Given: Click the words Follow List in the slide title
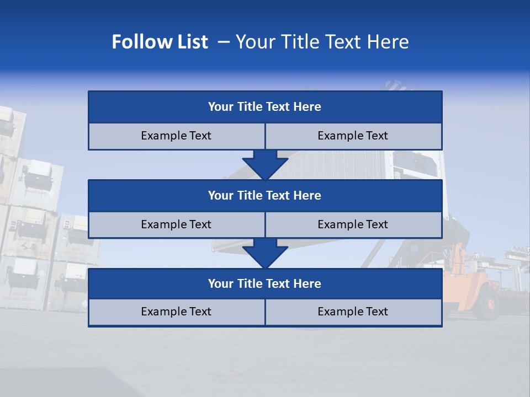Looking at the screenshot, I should pyautogui.click(x=160, y=42).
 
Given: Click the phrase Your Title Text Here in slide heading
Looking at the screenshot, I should pyautogui.click(x=322, y=42).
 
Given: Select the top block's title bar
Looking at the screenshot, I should pyautogui.click(x=265, y=107).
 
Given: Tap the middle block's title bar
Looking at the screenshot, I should pyautogui.click(x=265, y=195).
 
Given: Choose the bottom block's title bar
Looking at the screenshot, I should pyautogui.click(x=265, y=283).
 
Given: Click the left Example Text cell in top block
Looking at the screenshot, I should pyautogui.click(x=176, y=136).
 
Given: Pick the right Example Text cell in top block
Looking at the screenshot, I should pyautogui.click(x=353, y=136).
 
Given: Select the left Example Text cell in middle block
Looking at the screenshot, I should pyautogui.click(x=176, y=224).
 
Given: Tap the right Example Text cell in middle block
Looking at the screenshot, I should pyautogui.click(x=353, y=224).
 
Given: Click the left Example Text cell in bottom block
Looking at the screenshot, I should pyautogui.click(x=176, y=312).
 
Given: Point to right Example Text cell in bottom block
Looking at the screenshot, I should pyautogui.click(x=353, y=312).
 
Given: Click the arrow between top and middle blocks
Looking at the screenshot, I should pyautogui.click(x=265, y=165).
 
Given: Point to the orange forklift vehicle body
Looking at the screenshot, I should pyautogui.click(x=469, y=287).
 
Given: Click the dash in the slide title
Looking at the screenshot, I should pyautogui.click(x=224, y=42).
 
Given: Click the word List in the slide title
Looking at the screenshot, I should pyautogui.click(x=189, y=42).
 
